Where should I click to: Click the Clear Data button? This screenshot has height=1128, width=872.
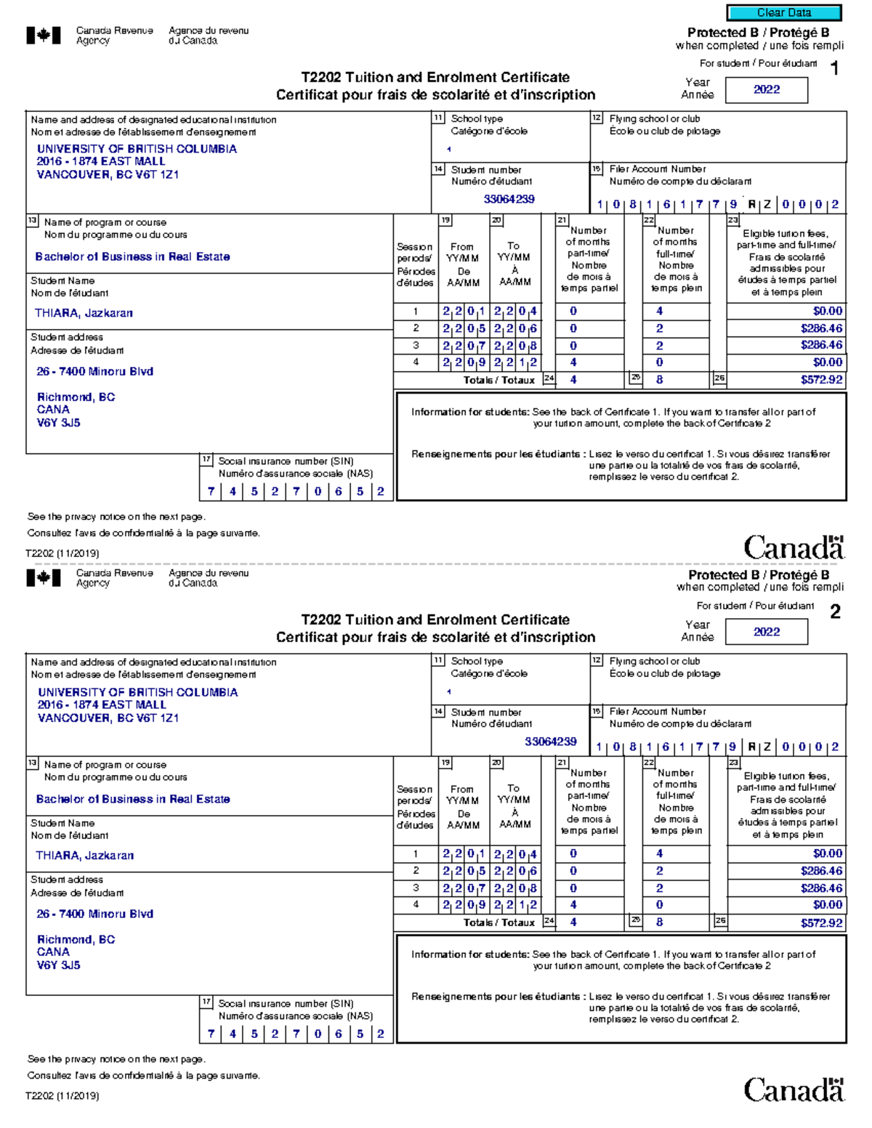click(x=783, y=12)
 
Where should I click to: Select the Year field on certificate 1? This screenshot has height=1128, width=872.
click(x=766, y=89)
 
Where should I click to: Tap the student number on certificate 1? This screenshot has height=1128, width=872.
click(x=509, y=199)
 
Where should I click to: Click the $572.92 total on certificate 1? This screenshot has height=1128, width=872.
click(x=821, y=379)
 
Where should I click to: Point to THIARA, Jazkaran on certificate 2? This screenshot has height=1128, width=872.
click(x=84, y=856)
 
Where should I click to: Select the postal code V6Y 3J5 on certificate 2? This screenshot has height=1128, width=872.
click(x=59, y=965)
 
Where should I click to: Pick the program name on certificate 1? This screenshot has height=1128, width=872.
click(x=132, y=256)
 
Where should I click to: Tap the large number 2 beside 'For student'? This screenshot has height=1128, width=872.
click(x=835, y=612)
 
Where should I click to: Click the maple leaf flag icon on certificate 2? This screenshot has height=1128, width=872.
click(x=44, y=577)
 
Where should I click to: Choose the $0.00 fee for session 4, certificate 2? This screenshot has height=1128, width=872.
click(x=827, y=905)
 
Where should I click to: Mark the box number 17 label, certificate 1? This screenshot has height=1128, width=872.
click(x=206, y=460)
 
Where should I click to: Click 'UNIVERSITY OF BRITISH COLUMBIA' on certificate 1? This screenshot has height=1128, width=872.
click(x=137, y=149)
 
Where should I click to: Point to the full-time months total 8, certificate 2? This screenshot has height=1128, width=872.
click(x=659, y=922)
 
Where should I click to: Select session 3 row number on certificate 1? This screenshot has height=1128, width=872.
click(x=416, y=346)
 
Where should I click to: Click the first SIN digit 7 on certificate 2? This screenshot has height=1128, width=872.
click(x=211, y=1034)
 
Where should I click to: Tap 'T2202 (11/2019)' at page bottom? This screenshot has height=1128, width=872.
click(x=62, y=1095)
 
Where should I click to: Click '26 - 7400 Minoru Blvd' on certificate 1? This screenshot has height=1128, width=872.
click(x=94, y=371)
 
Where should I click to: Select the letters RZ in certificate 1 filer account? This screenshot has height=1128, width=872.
click(x=759, y=205)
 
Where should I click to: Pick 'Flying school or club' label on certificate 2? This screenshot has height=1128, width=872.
click(x=654, y=661)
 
